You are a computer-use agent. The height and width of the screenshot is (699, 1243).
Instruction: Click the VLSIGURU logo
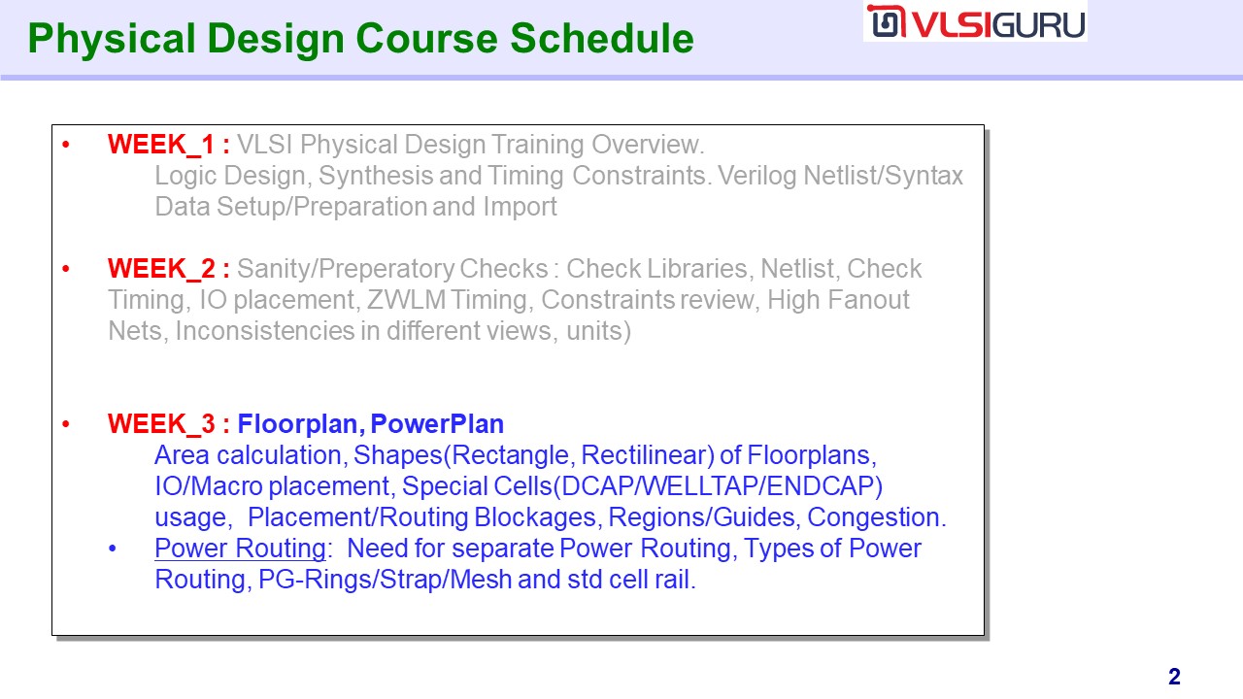coord(976,22)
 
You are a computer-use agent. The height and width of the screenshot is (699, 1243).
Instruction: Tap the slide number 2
coord(1174,677)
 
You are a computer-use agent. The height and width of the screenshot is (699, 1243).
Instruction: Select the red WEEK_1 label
coord(161,145)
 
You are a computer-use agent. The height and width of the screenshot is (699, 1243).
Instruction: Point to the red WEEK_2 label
coord(161,269)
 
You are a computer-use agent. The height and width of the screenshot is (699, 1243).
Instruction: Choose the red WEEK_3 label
coord(161,424)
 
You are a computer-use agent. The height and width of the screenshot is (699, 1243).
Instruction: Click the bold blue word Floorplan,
coord(301,424)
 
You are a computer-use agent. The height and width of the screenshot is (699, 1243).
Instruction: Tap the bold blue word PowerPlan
coord(437,424)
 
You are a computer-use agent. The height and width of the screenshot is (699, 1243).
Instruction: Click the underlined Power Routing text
coord(240,549)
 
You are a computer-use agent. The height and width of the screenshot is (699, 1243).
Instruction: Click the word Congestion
coord(876,517)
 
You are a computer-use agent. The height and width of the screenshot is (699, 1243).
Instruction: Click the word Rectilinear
coord(648,455)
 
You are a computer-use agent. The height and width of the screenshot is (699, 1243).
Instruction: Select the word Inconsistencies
coord(265,331)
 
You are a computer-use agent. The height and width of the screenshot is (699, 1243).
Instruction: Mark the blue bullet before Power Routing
coord(113,549)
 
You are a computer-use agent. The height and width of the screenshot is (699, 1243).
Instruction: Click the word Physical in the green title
coord(111,39)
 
